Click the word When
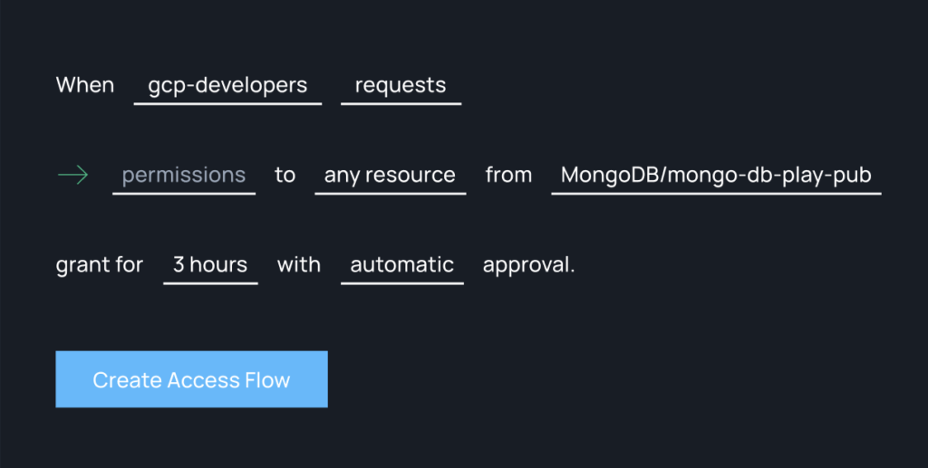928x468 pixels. [x=85, y=85]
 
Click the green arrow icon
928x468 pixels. [x=72, y=175]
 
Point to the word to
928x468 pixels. [x=285, y=175]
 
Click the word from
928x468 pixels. [x=508, y=175]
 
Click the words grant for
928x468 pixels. [x=100, y=264]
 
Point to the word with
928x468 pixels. [x=299, y=264]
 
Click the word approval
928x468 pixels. [x=528, y=265]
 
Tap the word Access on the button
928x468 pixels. [x=204, y=380]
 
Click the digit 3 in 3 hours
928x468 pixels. [x=179, y=264]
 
